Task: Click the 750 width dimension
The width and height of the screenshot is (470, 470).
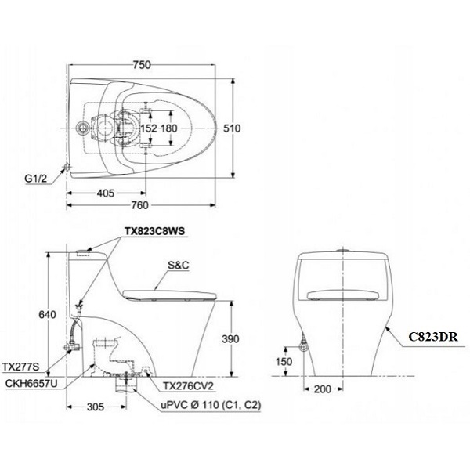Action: (141, 67)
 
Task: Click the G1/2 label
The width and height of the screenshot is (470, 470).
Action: (36, 179)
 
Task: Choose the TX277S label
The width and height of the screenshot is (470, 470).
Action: (20, 365)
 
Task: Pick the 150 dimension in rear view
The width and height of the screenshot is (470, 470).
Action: (284, 362)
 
